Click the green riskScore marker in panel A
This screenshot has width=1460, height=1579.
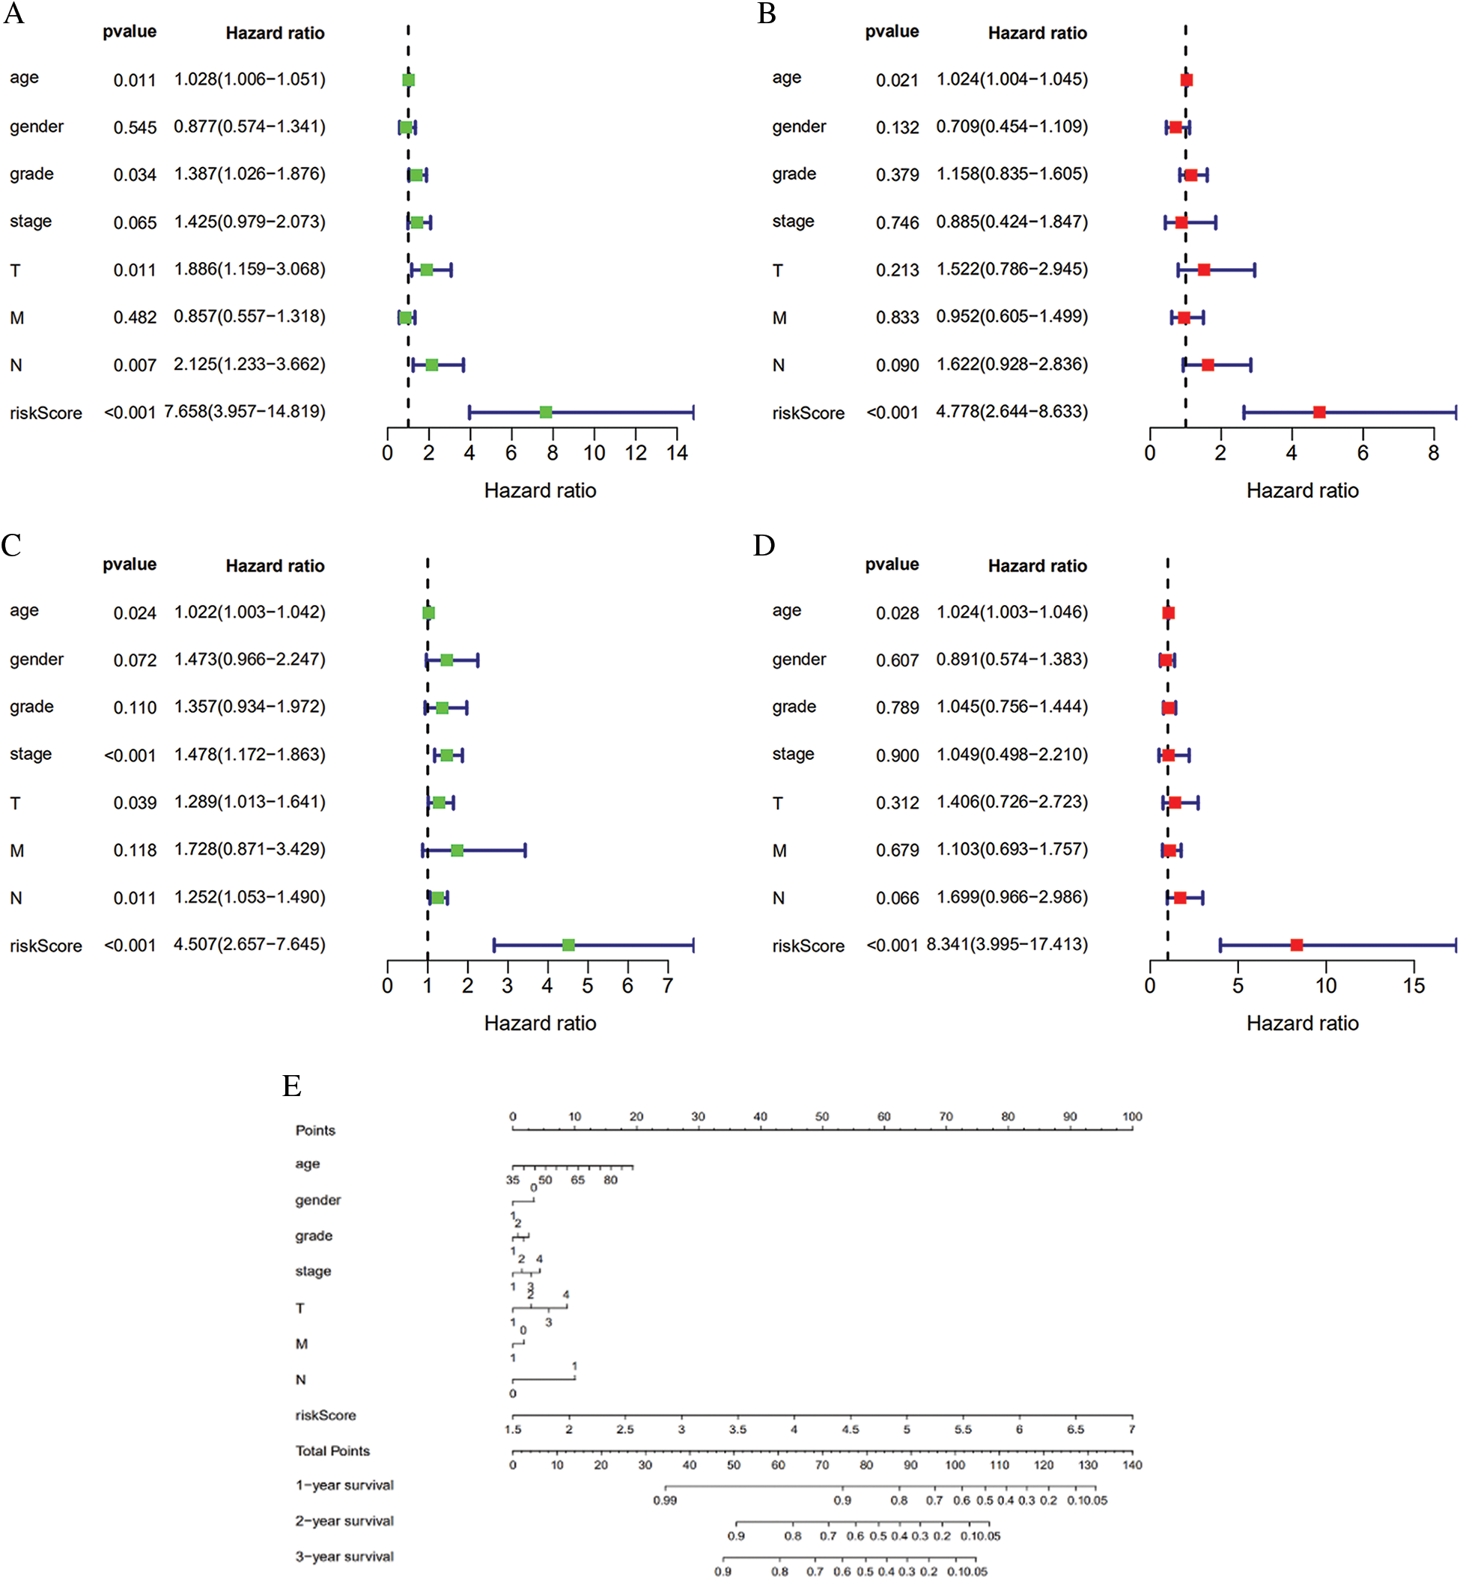coord(546,413)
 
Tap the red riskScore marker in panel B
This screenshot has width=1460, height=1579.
coord(1318,413)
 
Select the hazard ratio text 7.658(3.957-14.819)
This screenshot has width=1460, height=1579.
coord(244,412)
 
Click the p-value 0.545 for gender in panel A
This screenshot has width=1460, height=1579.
coord(134,127)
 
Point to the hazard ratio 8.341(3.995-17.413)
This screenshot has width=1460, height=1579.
coord(1006,944)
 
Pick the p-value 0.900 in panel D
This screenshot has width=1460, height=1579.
coord(897,755)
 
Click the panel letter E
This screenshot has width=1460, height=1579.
coord(291,1086)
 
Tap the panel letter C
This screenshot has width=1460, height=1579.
coord(11,545)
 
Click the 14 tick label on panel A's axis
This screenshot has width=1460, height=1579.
coord(677,453)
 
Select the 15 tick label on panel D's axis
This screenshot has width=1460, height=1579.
coord(1414,986)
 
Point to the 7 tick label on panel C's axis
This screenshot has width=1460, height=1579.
coord(668,986)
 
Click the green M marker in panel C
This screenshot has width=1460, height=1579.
coord(457,850)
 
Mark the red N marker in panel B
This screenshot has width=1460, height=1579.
coord(1207,365)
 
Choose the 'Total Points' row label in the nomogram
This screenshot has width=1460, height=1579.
coord(332,1451)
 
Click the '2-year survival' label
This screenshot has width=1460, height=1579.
coord(344,1521)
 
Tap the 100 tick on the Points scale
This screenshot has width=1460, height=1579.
coord(1132,1117)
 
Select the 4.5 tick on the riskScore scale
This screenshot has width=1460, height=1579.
coord(850,1430)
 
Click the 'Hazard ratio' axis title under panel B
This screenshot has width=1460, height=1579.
coord(1302,490)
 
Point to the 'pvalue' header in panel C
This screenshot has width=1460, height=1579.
coord(130,564)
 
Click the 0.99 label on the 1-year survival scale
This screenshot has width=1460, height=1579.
coord(664,1500)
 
